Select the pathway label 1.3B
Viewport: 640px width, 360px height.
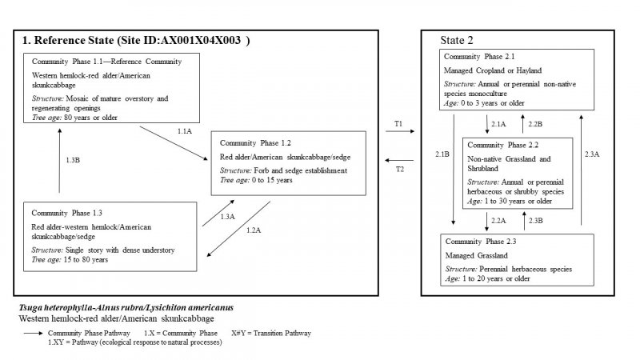click(72, 160)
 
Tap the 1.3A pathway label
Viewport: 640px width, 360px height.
click(228, 217)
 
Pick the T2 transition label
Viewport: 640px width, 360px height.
click(398, 170)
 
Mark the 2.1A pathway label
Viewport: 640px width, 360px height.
click(498, 124)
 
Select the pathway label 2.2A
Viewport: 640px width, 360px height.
click(498, 220)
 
